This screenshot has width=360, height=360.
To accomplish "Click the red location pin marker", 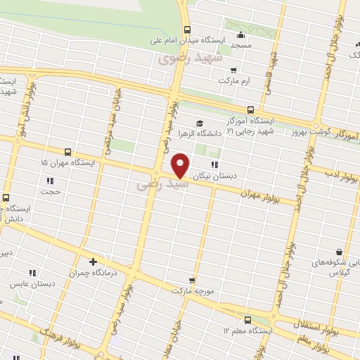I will coord(181,165).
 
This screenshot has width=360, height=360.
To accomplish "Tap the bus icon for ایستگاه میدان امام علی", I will coord(187,30).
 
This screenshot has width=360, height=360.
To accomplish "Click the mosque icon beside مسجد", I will coord(241,35).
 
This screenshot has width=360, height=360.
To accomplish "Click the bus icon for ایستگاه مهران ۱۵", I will coord(67,151).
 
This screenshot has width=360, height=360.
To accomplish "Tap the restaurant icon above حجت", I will coord(49,180).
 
